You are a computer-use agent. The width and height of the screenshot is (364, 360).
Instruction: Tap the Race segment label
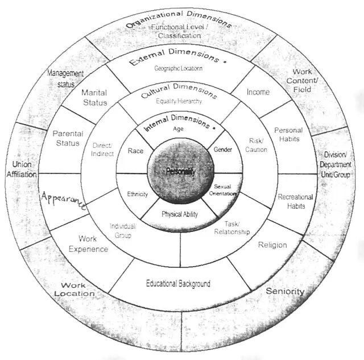(135, 151)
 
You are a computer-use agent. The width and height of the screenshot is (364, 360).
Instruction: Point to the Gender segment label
(223, 149)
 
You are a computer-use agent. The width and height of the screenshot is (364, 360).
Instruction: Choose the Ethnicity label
(137, 194)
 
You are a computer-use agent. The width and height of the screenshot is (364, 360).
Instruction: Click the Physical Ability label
(179, 214)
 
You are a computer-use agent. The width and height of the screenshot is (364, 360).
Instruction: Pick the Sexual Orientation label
(225, 189)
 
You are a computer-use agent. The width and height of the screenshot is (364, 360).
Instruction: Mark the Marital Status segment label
(94, 97)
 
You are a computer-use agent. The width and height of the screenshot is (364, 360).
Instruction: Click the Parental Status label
(68, 138)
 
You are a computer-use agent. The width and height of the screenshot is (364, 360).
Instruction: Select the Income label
(258, 92)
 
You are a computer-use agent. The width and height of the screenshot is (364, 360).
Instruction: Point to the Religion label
(273, 245)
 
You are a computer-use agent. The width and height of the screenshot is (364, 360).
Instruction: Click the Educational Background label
(178, 283)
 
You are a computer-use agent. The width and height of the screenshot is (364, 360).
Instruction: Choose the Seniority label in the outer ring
(286, 291)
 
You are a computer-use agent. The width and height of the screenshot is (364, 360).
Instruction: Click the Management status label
(65, 78)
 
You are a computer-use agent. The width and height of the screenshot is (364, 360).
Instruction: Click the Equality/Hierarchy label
(179, 101)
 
